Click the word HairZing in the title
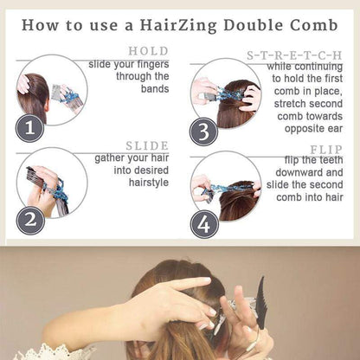coord(178,26)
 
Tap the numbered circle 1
coord(29,128)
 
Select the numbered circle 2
coord(30,221)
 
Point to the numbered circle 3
coord(203,132)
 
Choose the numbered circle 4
coord(204,224)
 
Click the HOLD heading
coord(149,51)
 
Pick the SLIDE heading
coord(147,146)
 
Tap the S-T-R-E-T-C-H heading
coord(294,55)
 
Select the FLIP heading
coord(326,150)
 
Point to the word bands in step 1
coord(155,89)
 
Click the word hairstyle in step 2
coord(149,183)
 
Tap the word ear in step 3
coord(335,129)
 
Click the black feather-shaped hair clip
coord(262,303)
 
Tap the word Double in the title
coord(253,25)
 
